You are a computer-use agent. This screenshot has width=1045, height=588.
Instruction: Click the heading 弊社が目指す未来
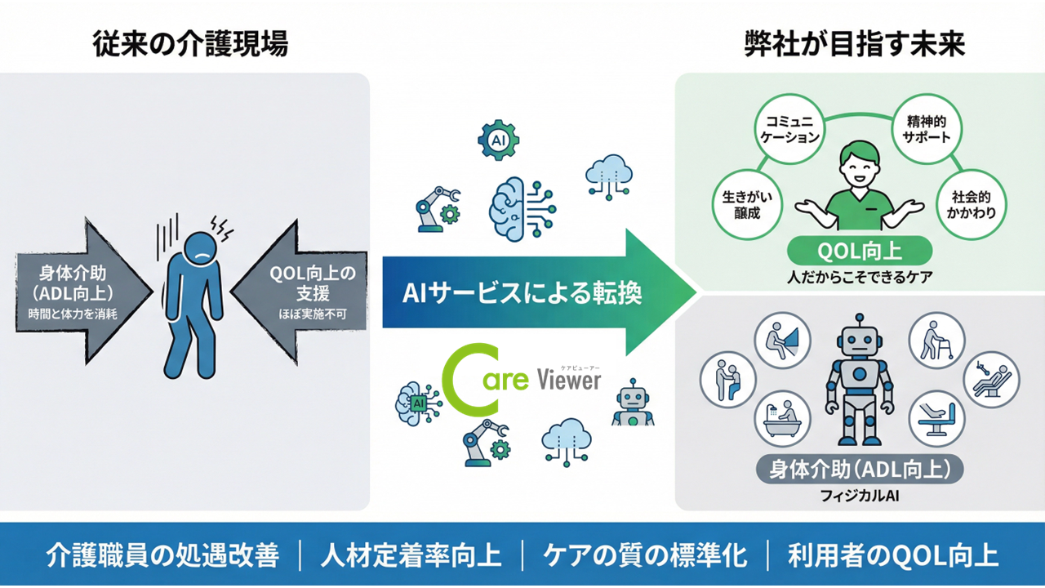pyautogui.click(x=855, y=43)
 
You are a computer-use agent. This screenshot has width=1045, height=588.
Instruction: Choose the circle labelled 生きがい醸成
pyautogui.click(x=741, y=203)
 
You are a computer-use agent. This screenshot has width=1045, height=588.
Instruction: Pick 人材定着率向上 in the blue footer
pyautogui.click(x=411, y=555)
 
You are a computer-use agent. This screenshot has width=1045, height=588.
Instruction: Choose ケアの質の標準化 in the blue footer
pyautogui.click(x=645, y=555)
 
